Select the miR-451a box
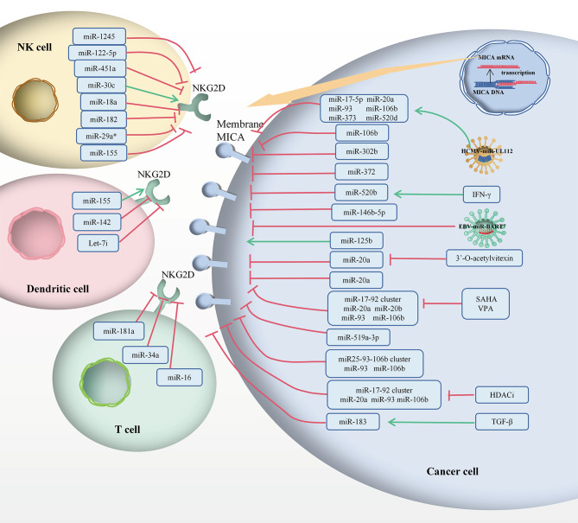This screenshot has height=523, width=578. (x=101, y=68)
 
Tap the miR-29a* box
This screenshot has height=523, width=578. (x=101, y=136)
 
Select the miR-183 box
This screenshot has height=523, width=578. (x=356, y=422)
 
